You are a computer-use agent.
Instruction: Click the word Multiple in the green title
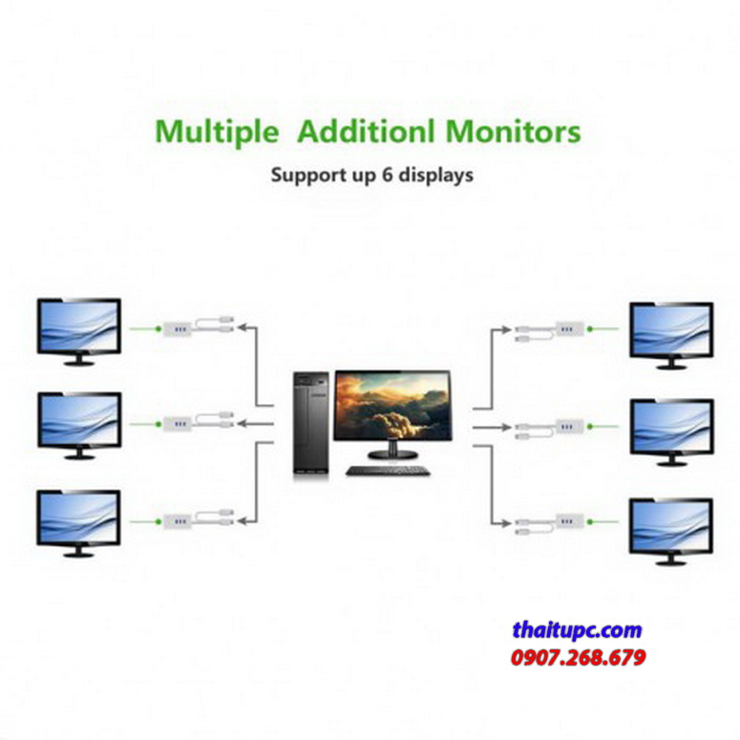[x=217, y=132]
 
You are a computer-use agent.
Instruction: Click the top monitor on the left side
[x=78, y=328]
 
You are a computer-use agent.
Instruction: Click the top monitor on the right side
[x=671, y=330]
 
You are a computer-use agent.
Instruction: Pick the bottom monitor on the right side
[x=671, y=526]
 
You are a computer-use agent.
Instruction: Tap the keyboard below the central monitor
[x=386, y=471]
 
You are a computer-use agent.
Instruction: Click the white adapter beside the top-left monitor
[x=178, y=328]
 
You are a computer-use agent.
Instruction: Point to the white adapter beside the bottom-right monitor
[x=569, y=523]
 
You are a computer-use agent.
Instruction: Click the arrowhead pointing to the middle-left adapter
[x=242, y=422]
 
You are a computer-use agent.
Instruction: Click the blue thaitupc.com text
[x=577, y=630]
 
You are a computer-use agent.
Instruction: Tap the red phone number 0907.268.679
[x=578, y=658]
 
